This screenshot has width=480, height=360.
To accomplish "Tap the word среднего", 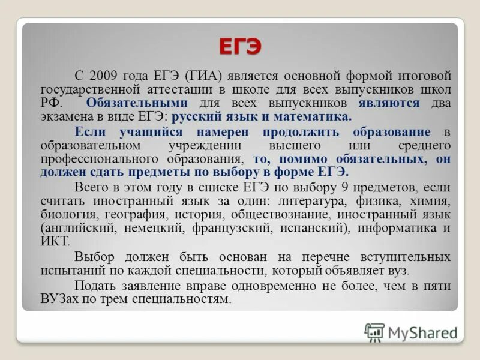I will click(424, 145).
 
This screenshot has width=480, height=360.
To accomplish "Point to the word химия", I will click(430, 200).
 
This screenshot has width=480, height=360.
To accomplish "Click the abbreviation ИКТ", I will click(55, 241).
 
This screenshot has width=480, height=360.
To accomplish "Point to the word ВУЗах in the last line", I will click(59, 299).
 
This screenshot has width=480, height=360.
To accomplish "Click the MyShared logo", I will click(411, 332).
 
